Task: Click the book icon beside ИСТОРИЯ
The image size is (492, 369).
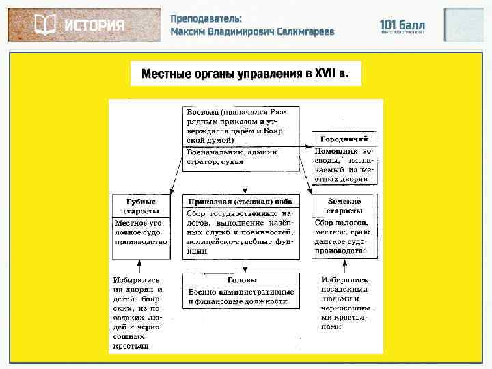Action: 45,25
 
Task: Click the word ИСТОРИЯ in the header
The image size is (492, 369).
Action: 94,25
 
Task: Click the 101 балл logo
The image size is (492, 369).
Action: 402,26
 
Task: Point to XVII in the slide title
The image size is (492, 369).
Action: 326,74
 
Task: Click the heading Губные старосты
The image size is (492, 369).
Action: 141,206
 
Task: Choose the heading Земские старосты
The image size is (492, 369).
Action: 344,206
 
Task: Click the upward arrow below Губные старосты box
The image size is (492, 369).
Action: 141,266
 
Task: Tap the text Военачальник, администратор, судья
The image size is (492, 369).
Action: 231,158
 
